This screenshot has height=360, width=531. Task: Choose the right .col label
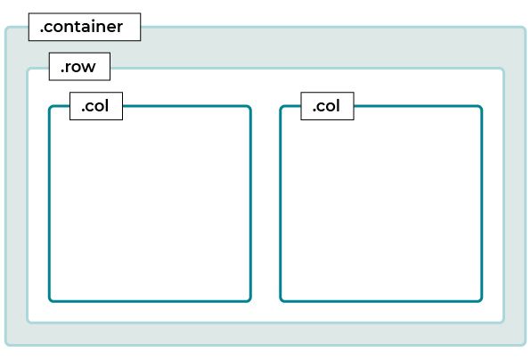click(327, 106)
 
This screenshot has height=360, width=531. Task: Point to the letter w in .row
click(89, 68)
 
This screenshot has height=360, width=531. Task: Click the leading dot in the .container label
click(42, 31)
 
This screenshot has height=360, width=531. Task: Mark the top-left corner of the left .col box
click(49, 107)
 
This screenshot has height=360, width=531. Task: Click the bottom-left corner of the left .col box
click(49, 300)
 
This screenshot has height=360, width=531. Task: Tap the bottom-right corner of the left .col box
click(250, 300)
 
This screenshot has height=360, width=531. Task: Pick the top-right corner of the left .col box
click(250, 107)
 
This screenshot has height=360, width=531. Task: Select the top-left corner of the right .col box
click(281, 107)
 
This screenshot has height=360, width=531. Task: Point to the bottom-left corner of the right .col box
click(281, 300)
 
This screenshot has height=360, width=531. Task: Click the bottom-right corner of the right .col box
click(482, 300)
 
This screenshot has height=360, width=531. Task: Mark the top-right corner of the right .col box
click(482, 107)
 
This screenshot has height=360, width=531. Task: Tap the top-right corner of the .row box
click(503, 69)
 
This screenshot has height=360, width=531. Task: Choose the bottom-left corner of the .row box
click(28, 322)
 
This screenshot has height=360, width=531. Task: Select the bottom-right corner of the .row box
click(503, 322)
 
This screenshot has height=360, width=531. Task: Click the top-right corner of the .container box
click(526, 27)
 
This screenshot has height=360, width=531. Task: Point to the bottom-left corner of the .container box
click(5, 345)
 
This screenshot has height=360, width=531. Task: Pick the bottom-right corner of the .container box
click(526, 345)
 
